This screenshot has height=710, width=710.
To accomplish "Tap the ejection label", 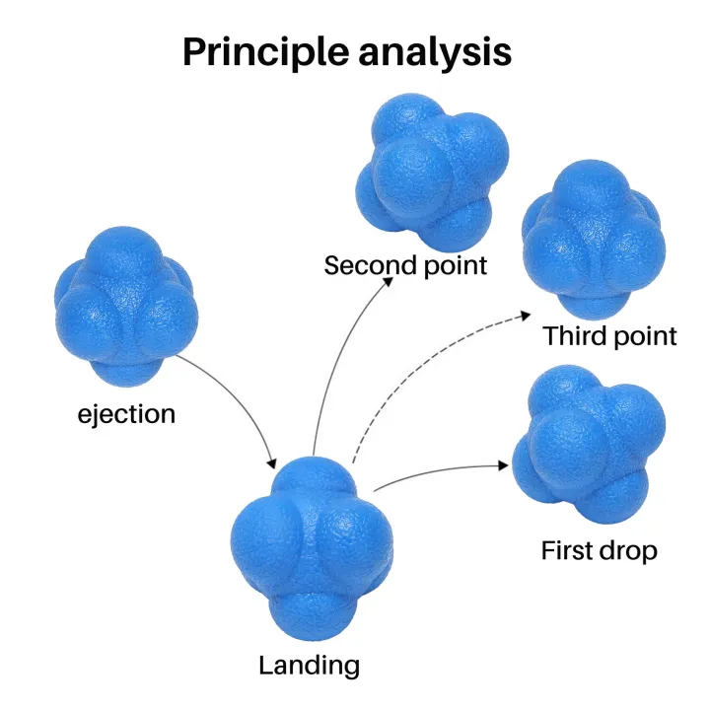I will [126, 412].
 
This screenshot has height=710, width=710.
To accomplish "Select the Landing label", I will [309, 665].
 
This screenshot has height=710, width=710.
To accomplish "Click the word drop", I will [630, 549].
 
